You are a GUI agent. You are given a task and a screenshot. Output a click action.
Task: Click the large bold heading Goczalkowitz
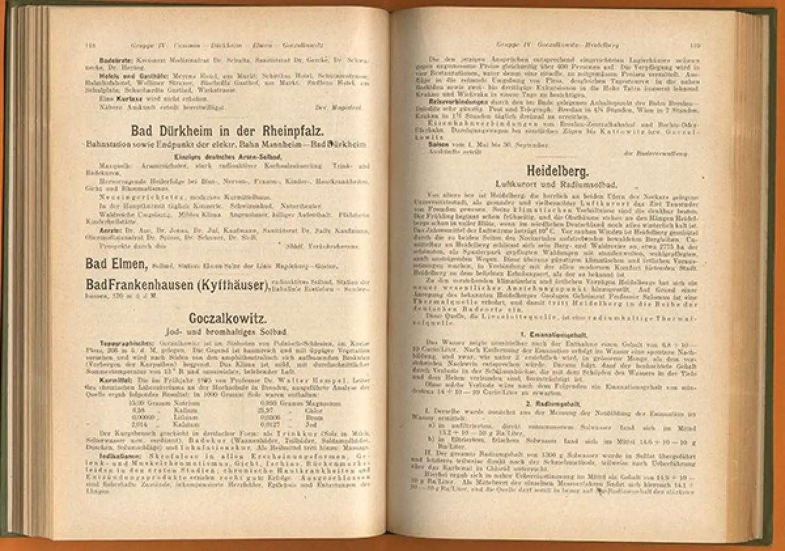pyautogui.click(x=226, y=319)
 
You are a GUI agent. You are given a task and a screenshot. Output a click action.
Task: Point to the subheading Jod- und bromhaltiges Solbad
pyautogui.click(x=226, y=332)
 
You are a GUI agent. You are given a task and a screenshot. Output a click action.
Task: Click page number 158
pyautogui.click(x=90, y=45)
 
